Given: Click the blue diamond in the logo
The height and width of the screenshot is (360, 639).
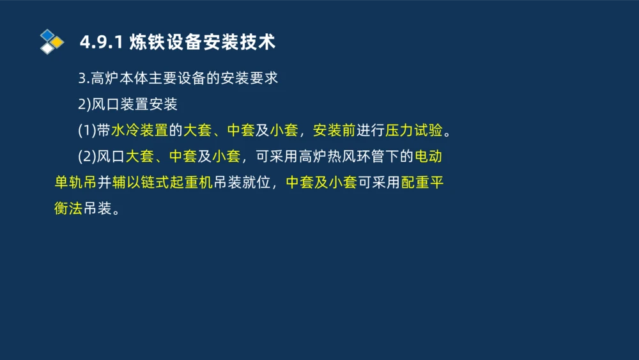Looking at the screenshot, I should coord(48,35).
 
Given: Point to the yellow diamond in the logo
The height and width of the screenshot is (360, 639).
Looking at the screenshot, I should coord(58,42).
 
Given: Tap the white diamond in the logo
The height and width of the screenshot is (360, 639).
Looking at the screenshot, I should coord(48,49).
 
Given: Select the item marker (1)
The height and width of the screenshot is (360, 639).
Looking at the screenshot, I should coord(87,131).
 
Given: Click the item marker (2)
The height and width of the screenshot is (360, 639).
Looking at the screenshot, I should coord(87,157).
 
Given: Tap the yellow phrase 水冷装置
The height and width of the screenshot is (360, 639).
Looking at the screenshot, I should coord(139,131).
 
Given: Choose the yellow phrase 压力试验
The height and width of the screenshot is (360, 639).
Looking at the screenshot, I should coord(414,131).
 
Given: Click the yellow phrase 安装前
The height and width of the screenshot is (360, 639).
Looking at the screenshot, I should coord(334,131).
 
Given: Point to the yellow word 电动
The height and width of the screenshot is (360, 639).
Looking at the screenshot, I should coord(429,157).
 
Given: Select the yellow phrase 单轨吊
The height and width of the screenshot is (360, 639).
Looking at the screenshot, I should coord(75,183).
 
